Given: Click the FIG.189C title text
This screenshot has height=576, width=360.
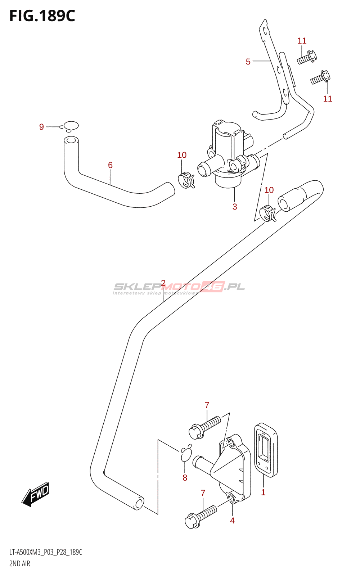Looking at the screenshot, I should (x=42, y=16).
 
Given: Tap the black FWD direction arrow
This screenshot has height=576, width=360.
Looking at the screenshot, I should (x=35, y=494).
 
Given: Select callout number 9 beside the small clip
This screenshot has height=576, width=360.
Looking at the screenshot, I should (x=41, y=127).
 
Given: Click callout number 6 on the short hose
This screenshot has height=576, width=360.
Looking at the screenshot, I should (x=110, y=165).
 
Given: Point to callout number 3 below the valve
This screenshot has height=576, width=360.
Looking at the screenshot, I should (x=235, y=207).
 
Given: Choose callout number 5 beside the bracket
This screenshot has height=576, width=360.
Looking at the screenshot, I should (x=248, y=62).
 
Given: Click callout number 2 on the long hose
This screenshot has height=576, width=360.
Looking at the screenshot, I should (x=163, y=283).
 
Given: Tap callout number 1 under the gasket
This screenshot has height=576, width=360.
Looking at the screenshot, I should (x=263, y=492).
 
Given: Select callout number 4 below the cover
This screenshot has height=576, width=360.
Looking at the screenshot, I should (x=232, y=520).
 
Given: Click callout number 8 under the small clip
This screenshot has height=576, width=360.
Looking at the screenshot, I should (x=185, y=478).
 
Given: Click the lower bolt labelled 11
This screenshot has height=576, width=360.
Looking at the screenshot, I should (x=320, y=78).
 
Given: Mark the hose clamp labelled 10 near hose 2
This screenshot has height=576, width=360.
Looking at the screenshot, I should (x=269, y=213).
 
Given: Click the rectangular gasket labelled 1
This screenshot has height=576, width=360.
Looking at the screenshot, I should (x=266, y=450).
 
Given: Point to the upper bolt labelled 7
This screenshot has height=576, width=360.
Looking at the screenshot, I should (x=204, y=427).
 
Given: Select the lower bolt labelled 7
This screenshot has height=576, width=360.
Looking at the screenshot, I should (x=200, y=516).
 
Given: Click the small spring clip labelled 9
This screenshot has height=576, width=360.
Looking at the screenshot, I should (x=70, y=126).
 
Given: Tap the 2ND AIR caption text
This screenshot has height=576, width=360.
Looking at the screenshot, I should (x=20, y=563).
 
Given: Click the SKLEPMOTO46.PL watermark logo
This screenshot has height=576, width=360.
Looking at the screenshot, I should (x=179, y=287).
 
